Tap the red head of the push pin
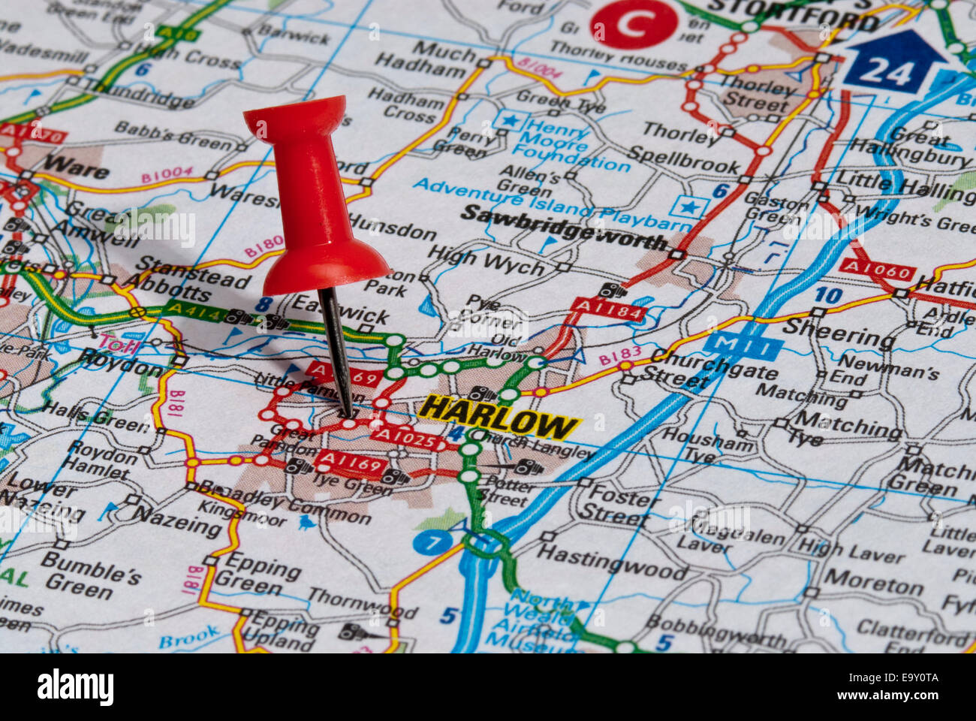(x=311, y=203)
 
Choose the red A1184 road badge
(x=609, y=309)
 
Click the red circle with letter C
(x=634, y=24)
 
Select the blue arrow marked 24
(x=894, y=64)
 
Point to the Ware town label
(x=76, y=166)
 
